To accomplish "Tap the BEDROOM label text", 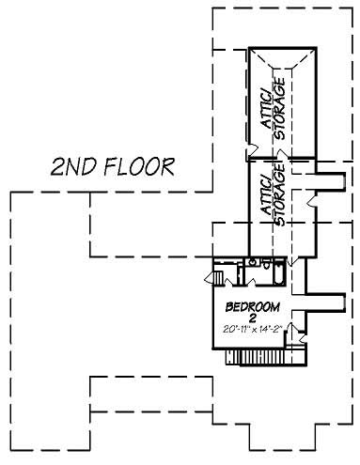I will pos(252,308).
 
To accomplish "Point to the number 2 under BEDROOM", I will pos(252,318).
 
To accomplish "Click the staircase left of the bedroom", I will pos(218,277).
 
